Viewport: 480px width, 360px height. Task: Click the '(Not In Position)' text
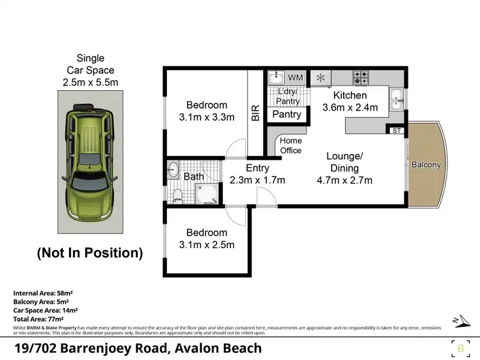[x=90, y=253]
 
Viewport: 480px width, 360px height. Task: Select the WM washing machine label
[x=295, y=77]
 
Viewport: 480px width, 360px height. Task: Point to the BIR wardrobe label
[x=255, y=113]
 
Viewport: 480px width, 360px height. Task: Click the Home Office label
[x=291, y=146]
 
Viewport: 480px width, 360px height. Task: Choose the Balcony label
[x=426, y=164]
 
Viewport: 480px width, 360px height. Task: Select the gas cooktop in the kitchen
[x=360, y=78]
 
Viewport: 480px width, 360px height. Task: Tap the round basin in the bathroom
[x=173, y=170]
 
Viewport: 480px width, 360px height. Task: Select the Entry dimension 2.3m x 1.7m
[x=257, y=180]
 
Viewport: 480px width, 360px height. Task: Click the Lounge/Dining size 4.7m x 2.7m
[x=345, y=180]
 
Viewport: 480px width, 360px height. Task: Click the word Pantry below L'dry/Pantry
[x=287, y=114]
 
